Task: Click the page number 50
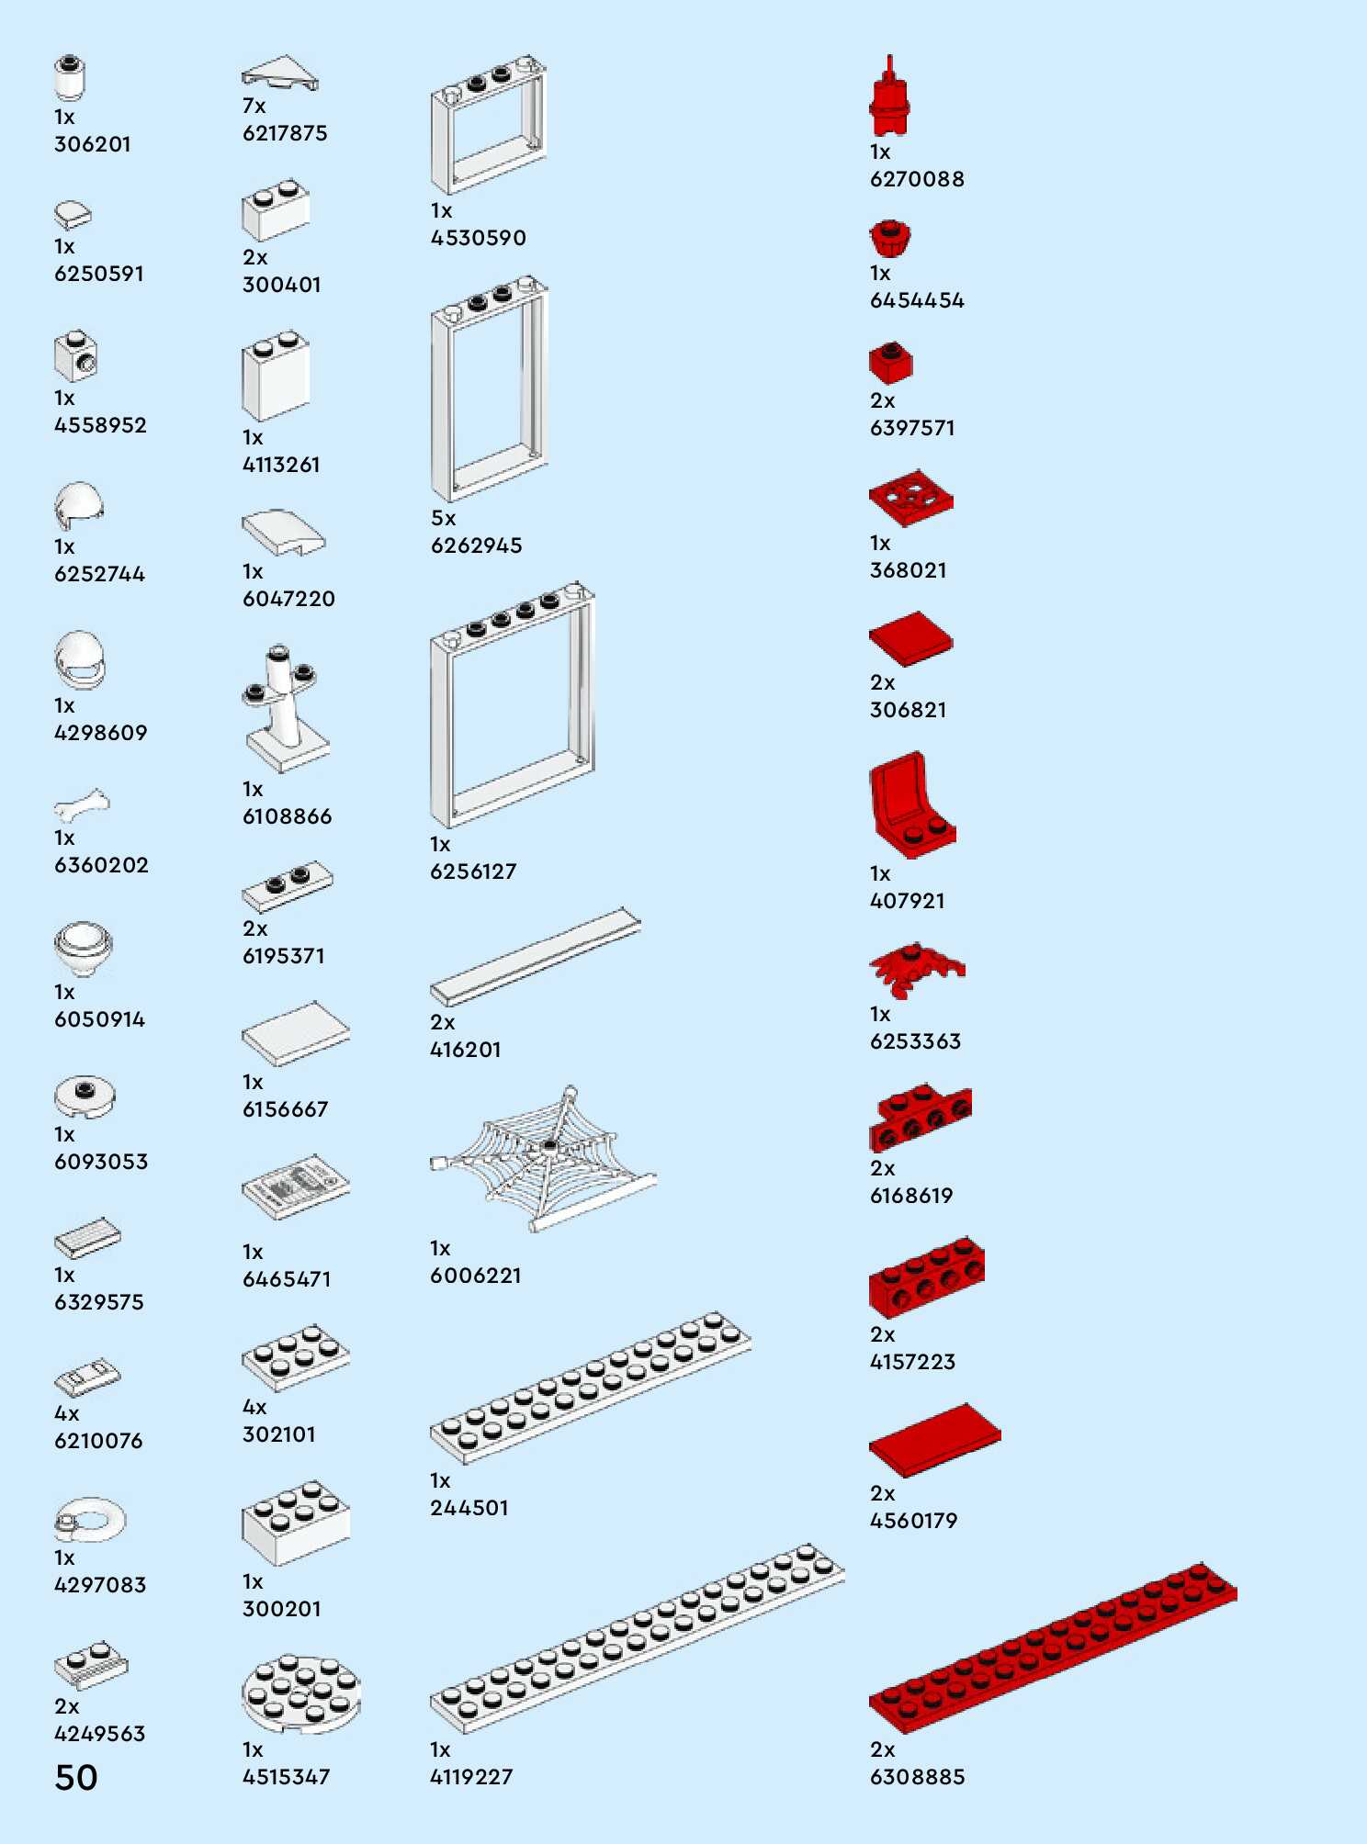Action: tap(76, 1777)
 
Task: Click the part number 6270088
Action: tap(917, 179)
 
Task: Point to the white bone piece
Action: tap(81, 805)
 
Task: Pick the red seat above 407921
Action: tap(911, 805)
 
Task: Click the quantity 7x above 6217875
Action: tap(254, 107)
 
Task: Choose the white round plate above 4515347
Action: tap(300, 1693)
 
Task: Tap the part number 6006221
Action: tap(476, 1276)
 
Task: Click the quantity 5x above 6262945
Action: tap(443, 519)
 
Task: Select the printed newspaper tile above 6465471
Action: tap(295, 1186)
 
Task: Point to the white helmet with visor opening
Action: tap(80, 659)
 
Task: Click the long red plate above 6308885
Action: tap(1051, 1648)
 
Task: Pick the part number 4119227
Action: tap(471, 1777)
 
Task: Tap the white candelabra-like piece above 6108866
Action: tap(285, 707)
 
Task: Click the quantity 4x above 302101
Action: tap(254, 1408)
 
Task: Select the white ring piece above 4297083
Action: tap(89, 1519)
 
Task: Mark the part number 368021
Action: tap(908, 570)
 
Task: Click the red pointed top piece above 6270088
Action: tap(889, 96)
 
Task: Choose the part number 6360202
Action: tap(101, 865)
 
